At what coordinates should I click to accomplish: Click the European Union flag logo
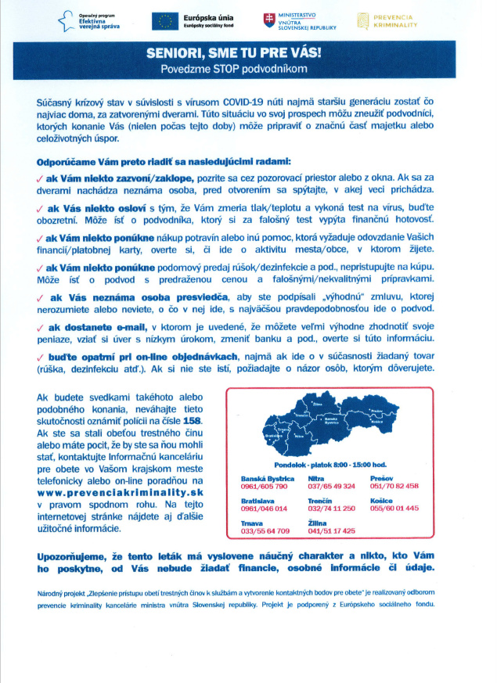click(167, 21)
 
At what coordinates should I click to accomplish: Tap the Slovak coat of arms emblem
click(269, 20)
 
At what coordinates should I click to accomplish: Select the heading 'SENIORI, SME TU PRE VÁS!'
click(247, 54)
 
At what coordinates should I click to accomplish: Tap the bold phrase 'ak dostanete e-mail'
click(97, 327)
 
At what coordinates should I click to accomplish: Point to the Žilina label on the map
click(317, 403)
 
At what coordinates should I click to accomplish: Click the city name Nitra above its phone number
click(316, 477)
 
